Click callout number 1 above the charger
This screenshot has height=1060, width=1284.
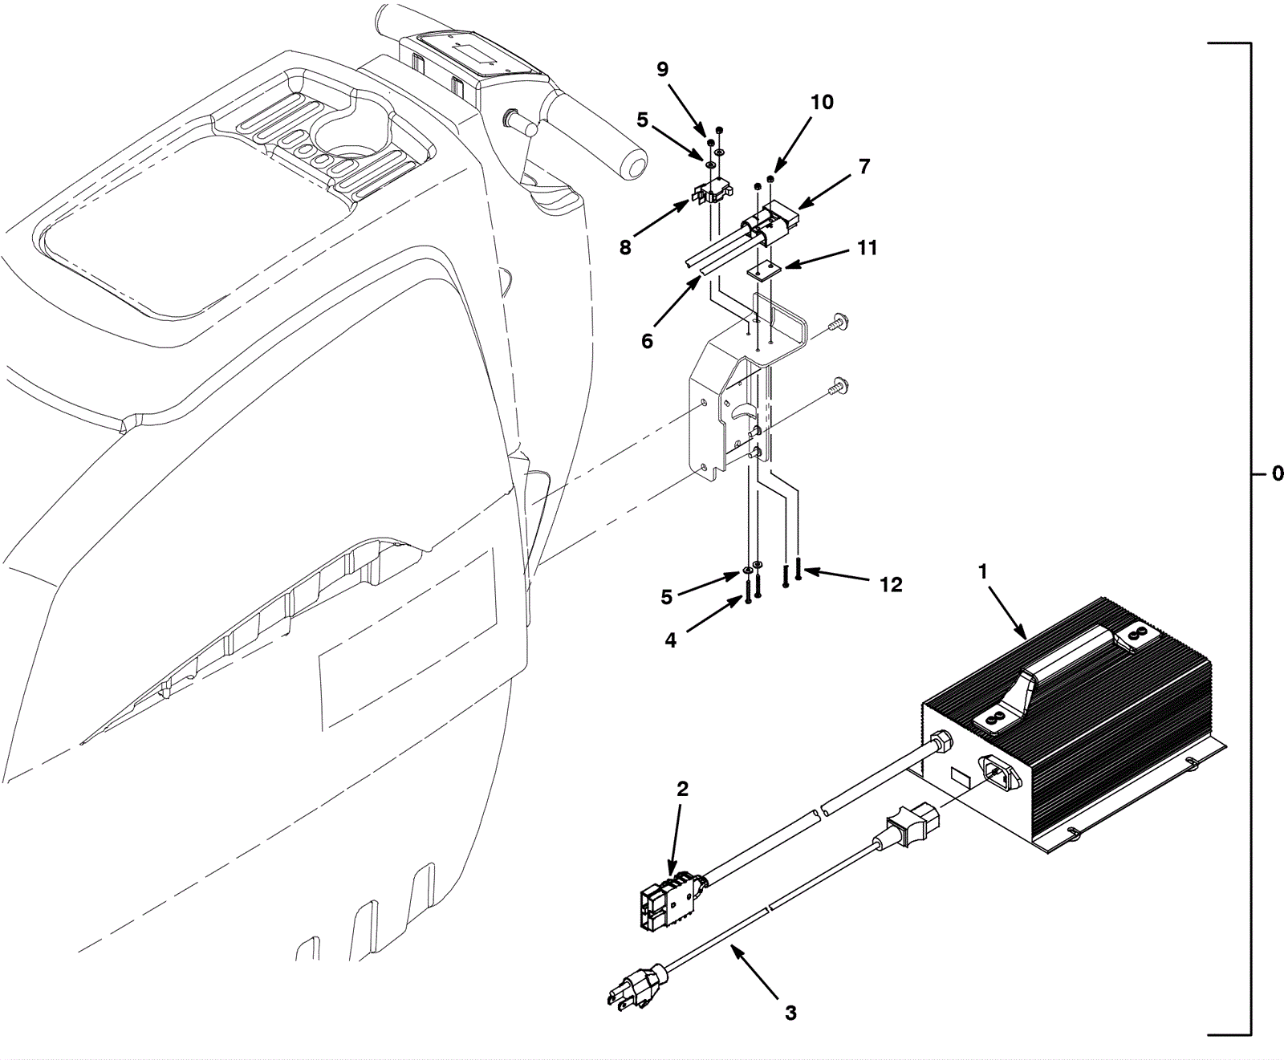tap(983, 572)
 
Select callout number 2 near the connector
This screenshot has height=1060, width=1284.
tap(682, 790)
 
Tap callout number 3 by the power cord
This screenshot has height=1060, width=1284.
tap(790, 1013)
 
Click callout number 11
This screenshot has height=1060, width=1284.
tap(867, 248)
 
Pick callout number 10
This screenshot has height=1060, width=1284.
tap(822, 102)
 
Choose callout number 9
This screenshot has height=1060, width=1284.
tap(662, 70)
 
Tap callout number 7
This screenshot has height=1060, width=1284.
tap(864, 167)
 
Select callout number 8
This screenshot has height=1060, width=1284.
tap(625, 248)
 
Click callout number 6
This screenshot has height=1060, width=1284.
tap(647, 341)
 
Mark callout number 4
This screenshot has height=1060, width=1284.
tap(671, 640)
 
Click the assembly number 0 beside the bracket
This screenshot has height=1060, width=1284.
tap(1278, 474)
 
